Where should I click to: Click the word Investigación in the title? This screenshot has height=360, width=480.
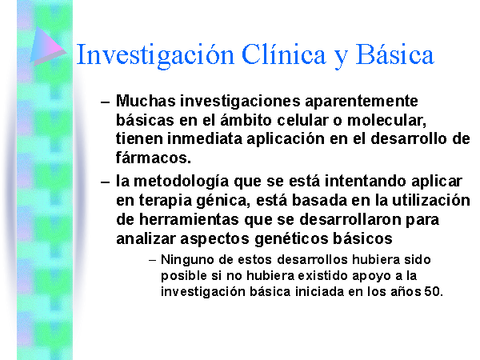point(155,55)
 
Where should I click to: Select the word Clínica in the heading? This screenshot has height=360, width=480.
point(284,54)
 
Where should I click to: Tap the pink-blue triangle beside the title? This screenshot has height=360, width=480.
point(48,46)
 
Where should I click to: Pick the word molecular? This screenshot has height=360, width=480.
point(386,120)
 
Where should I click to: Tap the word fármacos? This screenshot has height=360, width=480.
point(154,158)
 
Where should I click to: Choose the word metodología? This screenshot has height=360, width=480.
point(182,182)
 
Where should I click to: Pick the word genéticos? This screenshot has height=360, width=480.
point(291,239)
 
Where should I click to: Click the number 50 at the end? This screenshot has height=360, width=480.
point(434,291)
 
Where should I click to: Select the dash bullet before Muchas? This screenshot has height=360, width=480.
point(105,102)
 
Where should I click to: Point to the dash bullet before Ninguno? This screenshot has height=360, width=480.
point(153,261)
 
